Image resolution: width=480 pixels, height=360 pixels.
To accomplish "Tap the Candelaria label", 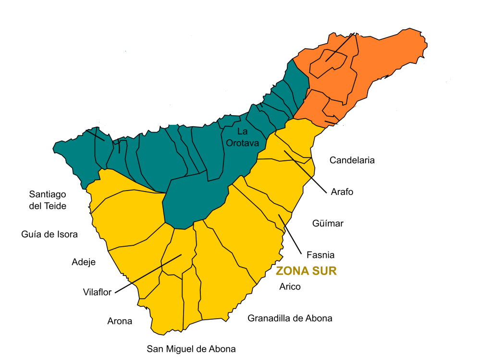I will tap(352, 160).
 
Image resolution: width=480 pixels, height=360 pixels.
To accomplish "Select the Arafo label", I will tap(342, 192).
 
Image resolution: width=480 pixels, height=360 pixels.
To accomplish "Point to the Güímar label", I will tap(328, 224).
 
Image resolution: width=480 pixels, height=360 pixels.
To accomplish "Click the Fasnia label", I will tap(320, 255).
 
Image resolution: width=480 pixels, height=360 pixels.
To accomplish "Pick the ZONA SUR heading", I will tap(306, 271).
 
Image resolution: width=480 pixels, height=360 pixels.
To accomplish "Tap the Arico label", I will tap(290, 287).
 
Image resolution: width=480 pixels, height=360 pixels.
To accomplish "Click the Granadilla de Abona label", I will tap(290, 318).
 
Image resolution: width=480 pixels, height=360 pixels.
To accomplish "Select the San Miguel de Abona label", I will tap(191, 349).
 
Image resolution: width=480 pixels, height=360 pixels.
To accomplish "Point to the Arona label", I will tap(120, 322).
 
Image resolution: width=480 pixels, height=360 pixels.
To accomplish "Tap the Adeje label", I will tap(84, 262).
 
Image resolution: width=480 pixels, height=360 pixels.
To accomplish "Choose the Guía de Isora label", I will tap(49, 234).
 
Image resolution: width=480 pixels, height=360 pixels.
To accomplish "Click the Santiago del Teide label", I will tap(48, 200).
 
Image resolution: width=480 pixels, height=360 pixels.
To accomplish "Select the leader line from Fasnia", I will tap(290, 234).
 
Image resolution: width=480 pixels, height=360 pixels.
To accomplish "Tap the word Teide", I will tap(54, 206).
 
